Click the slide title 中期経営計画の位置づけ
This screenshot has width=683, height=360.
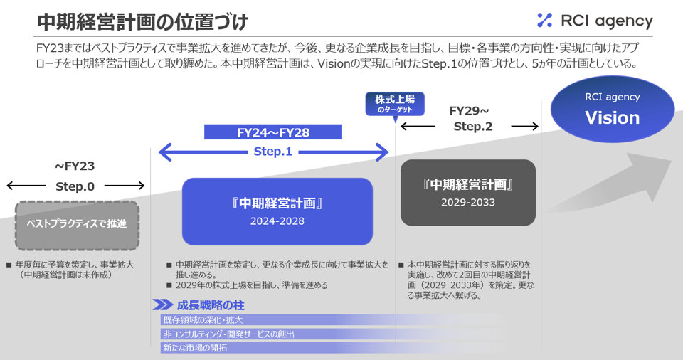(142, 21)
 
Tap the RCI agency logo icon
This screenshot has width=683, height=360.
(544, 21)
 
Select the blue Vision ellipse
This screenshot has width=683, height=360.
(612, 109)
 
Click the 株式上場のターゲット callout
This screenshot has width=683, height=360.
(395, 103)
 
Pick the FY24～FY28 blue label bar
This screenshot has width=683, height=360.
(273, 132)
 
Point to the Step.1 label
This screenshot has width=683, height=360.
(273, 152)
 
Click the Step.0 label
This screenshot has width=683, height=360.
(75, 186)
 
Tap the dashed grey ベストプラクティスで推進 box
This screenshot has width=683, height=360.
(77, 224)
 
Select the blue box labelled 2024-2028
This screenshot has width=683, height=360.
(277, 211)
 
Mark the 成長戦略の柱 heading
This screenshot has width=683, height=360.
(211, 305)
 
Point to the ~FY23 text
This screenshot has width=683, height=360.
(75, 166)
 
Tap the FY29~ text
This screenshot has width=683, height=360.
(470, 111)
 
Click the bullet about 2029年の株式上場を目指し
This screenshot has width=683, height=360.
(251, 285)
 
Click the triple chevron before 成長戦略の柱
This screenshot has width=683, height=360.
(162, 305)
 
